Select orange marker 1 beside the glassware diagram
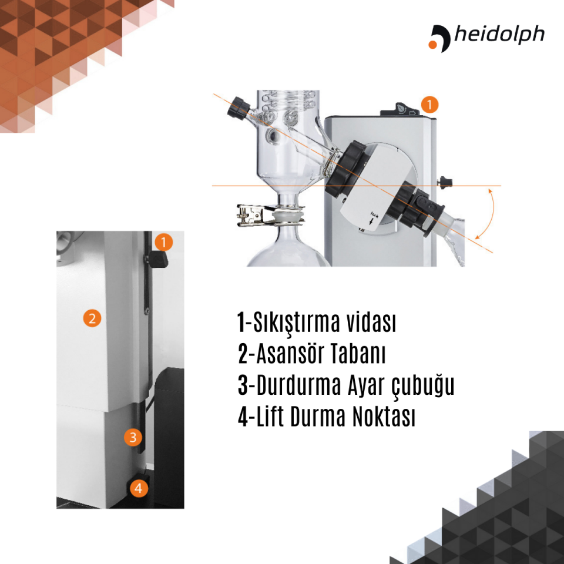tap(430, 105)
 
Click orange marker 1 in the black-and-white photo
tap(164, 241)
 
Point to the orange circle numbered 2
tap(92, 318)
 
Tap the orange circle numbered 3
tap(133, 437)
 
